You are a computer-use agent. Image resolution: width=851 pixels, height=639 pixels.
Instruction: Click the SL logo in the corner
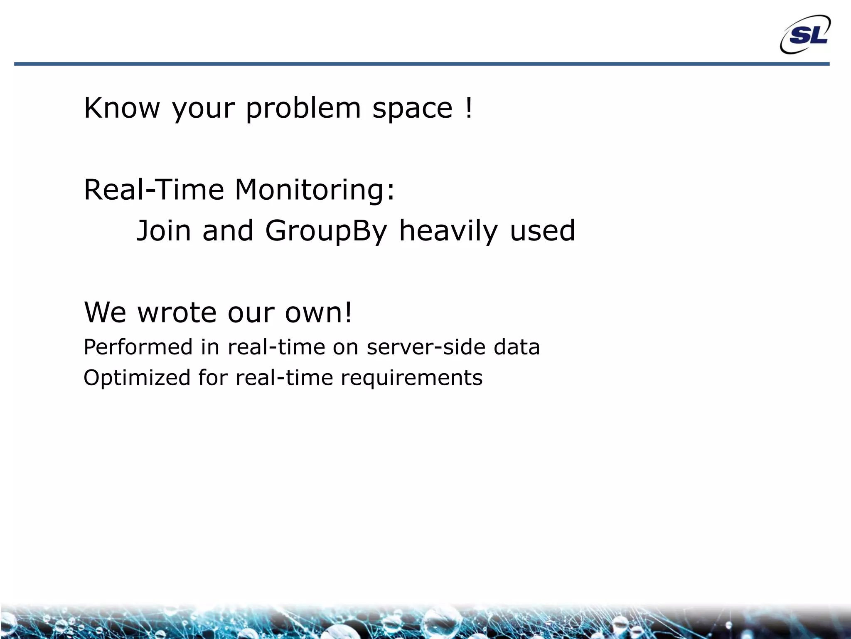(x=805, y=35)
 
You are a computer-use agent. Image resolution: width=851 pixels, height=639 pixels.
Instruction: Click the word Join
(x=164, y=231)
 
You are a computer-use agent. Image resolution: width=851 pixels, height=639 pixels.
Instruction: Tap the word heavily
(x=448, y=231)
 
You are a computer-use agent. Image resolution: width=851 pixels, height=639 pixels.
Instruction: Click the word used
(x=542, y=231)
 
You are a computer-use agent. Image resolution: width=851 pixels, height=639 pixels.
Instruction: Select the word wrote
(x=177, y=312)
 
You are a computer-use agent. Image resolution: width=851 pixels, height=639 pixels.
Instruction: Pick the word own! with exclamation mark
(x=318, y=312)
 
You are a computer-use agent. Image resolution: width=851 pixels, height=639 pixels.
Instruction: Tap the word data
(x=517, y=347)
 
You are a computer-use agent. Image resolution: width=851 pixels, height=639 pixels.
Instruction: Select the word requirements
(x=411, y=378)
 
